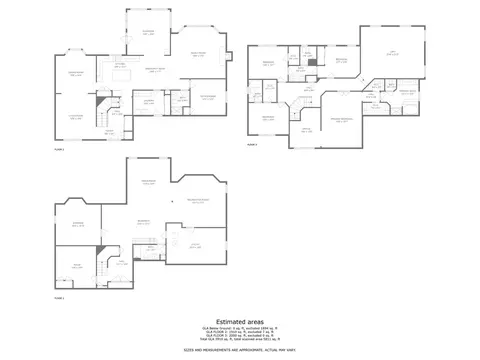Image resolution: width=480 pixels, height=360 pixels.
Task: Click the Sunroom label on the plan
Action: (148, 33)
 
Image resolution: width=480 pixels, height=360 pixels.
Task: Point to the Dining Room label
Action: (75, 74)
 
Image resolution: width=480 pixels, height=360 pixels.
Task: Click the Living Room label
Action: (75, 116)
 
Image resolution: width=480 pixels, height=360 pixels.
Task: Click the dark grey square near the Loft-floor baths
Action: (313, 62)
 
